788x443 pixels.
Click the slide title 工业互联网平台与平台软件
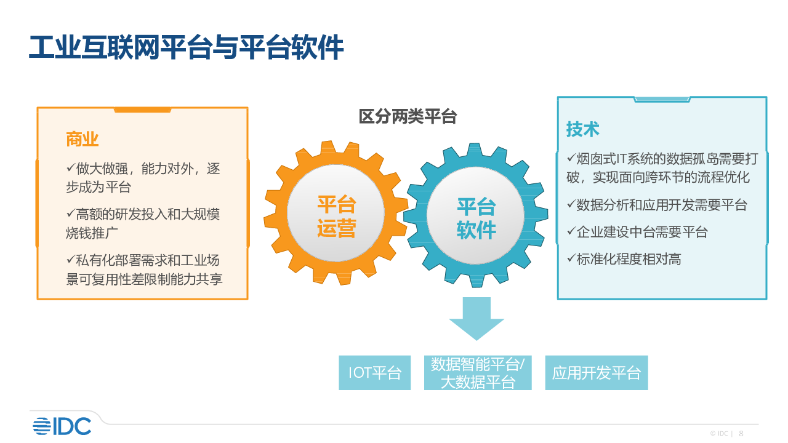186,47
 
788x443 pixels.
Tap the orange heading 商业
82,139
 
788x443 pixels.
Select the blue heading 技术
582,129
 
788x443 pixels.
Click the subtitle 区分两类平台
408,116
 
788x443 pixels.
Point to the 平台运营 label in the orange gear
337,216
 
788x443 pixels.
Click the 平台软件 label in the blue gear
476,218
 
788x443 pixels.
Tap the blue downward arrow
476,319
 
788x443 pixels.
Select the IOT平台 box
375,373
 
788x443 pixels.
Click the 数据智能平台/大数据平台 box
478,373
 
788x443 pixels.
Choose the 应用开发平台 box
597,373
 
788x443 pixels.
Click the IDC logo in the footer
62,426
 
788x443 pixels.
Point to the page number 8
741,434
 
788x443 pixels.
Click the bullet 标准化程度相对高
624,259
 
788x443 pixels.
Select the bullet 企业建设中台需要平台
637,232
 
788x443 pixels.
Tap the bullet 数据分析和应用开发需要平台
657,205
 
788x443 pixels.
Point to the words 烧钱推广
92,233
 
